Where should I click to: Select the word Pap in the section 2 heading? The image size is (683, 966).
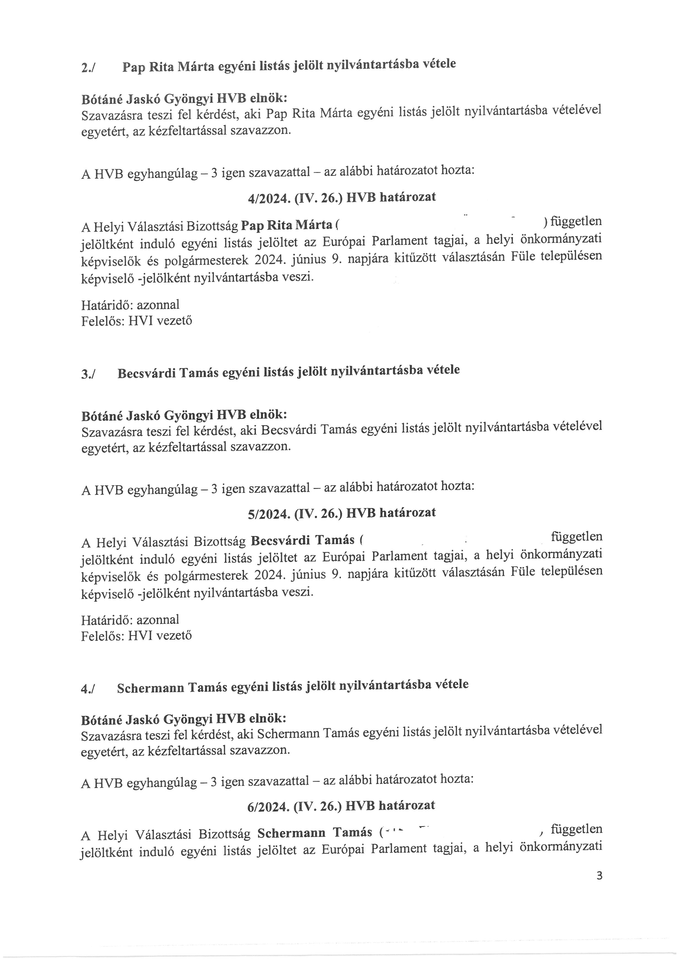point(132,67)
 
